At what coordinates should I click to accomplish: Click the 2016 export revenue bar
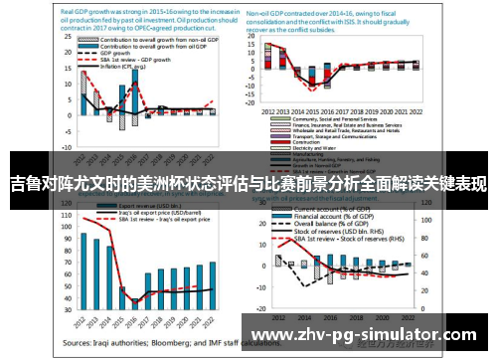click(136, 297)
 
